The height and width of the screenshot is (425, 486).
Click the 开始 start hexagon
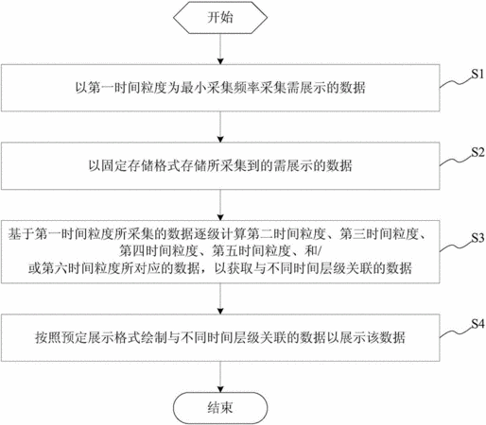pyautogui.click(x=220, y=17)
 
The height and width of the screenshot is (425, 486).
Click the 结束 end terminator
pyautogui.click(x=220, y=408)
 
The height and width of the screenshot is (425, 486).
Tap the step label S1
pyautogui.click(x=477, y=75)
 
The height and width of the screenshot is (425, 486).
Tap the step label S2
pyautogui.click(x=477, y=153)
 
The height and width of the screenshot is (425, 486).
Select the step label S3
pyautogui.click(x=477, y=238)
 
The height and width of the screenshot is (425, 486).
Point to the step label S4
pyautogui.click(x=477, y=324)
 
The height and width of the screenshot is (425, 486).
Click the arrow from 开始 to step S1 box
pyautogui.click(x=220, y=49)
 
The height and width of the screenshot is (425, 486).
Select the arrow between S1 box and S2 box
pyautogui.click(x=220, y=127)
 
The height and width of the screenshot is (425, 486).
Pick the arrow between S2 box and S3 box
pyautogui.click(x=220, y=205)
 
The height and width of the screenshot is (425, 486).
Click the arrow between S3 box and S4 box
pyautogui.click(x=220, y=298)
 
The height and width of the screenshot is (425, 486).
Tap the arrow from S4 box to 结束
pyautogui.click(x=220, y=377)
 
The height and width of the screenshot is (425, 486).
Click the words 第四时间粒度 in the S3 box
pyautogui.click(x=159, y=251)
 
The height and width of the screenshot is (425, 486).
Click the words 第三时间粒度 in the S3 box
pyautogui.click(x=379, y=234)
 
